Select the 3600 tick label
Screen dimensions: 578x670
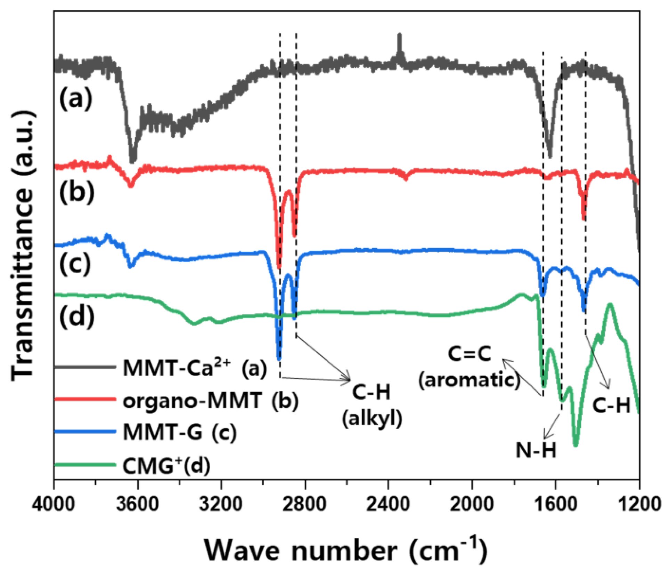click(137, 504)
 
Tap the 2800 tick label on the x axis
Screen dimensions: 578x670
click(305, 504)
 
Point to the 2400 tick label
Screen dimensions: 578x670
click(388, 504)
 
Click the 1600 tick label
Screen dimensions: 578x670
click(555, 504)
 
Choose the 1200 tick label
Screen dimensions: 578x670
click(639, 504)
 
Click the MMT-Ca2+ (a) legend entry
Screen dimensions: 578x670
click(195, 368)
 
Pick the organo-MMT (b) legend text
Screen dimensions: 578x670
click(211, 401)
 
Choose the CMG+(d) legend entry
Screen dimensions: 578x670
click(166, 465)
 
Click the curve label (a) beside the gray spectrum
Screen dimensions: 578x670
click(76, 98)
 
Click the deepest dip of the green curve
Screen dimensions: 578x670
click(575, 444)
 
